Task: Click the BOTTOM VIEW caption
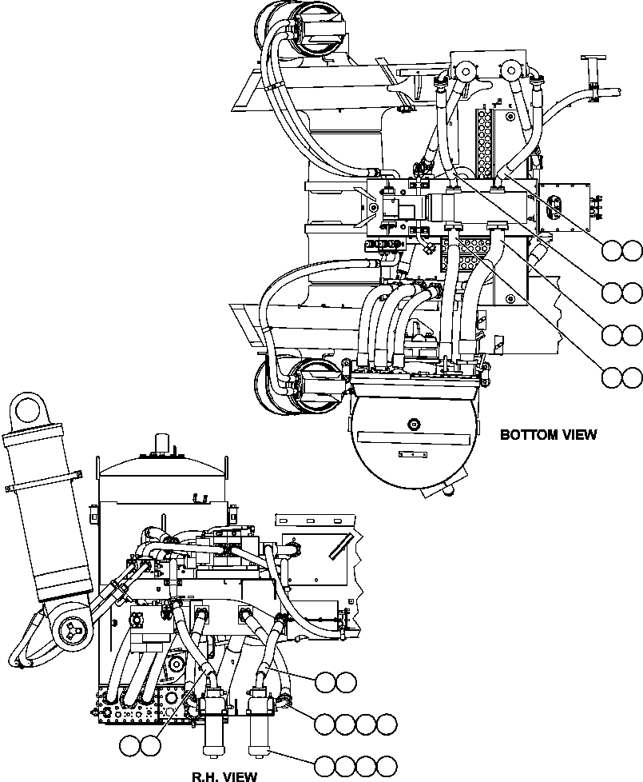[548, 435]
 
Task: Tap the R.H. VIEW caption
[224, 775]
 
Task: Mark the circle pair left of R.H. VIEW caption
[141, 745]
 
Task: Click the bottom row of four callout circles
[355, 765]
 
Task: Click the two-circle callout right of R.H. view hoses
[335, 682]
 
